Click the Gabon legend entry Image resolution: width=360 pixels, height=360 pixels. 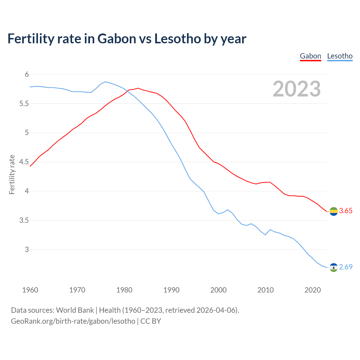(310, 56)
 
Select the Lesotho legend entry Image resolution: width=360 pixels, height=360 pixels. (340, 56)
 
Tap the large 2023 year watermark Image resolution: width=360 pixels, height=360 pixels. (297, 89)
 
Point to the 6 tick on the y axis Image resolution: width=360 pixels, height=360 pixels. (27, 75)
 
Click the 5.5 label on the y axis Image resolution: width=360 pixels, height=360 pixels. (24, 104)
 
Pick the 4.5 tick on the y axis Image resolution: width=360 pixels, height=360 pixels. (24, 162)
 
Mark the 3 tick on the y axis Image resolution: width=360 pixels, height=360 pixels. (27, 249)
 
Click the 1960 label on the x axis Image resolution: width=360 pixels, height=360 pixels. (30, 290)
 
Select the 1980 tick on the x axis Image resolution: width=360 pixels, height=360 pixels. (124, 290)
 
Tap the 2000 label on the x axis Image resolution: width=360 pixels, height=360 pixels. (219, 290)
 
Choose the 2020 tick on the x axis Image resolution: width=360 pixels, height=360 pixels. (313, 290)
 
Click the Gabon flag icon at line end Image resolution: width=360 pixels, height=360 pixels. (334, 211)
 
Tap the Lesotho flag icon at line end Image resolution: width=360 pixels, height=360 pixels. (334, 267)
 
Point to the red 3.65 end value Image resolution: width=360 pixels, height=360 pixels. (346, 211)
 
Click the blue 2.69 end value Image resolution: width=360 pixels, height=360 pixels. (346, 267)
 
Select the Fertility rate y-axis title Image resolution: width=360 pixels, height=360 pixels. (12, 174)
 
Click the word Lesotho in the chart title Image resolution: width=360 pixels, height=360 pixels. (177, 39)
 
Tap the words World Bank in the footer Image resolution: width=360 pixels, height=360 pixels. (75, 310)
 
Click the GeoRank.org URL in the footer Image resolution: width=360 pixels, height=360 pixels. (73, 321)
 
